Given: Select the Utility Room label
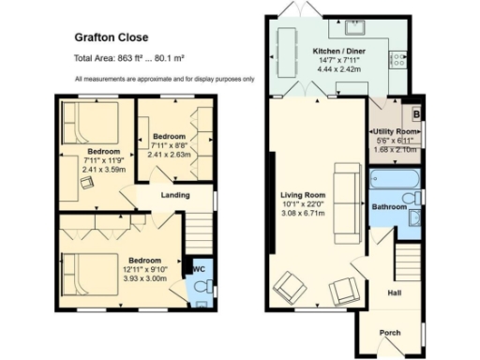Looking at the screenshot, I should point(394,132).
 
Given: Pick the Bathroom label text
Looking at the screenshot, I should point(388,206).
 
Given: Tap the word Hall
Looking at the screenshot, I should point(395,292).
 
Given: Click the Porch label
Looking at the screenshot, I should point(390,333).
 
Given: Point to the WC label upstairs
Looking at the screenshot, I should point(199,269).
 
